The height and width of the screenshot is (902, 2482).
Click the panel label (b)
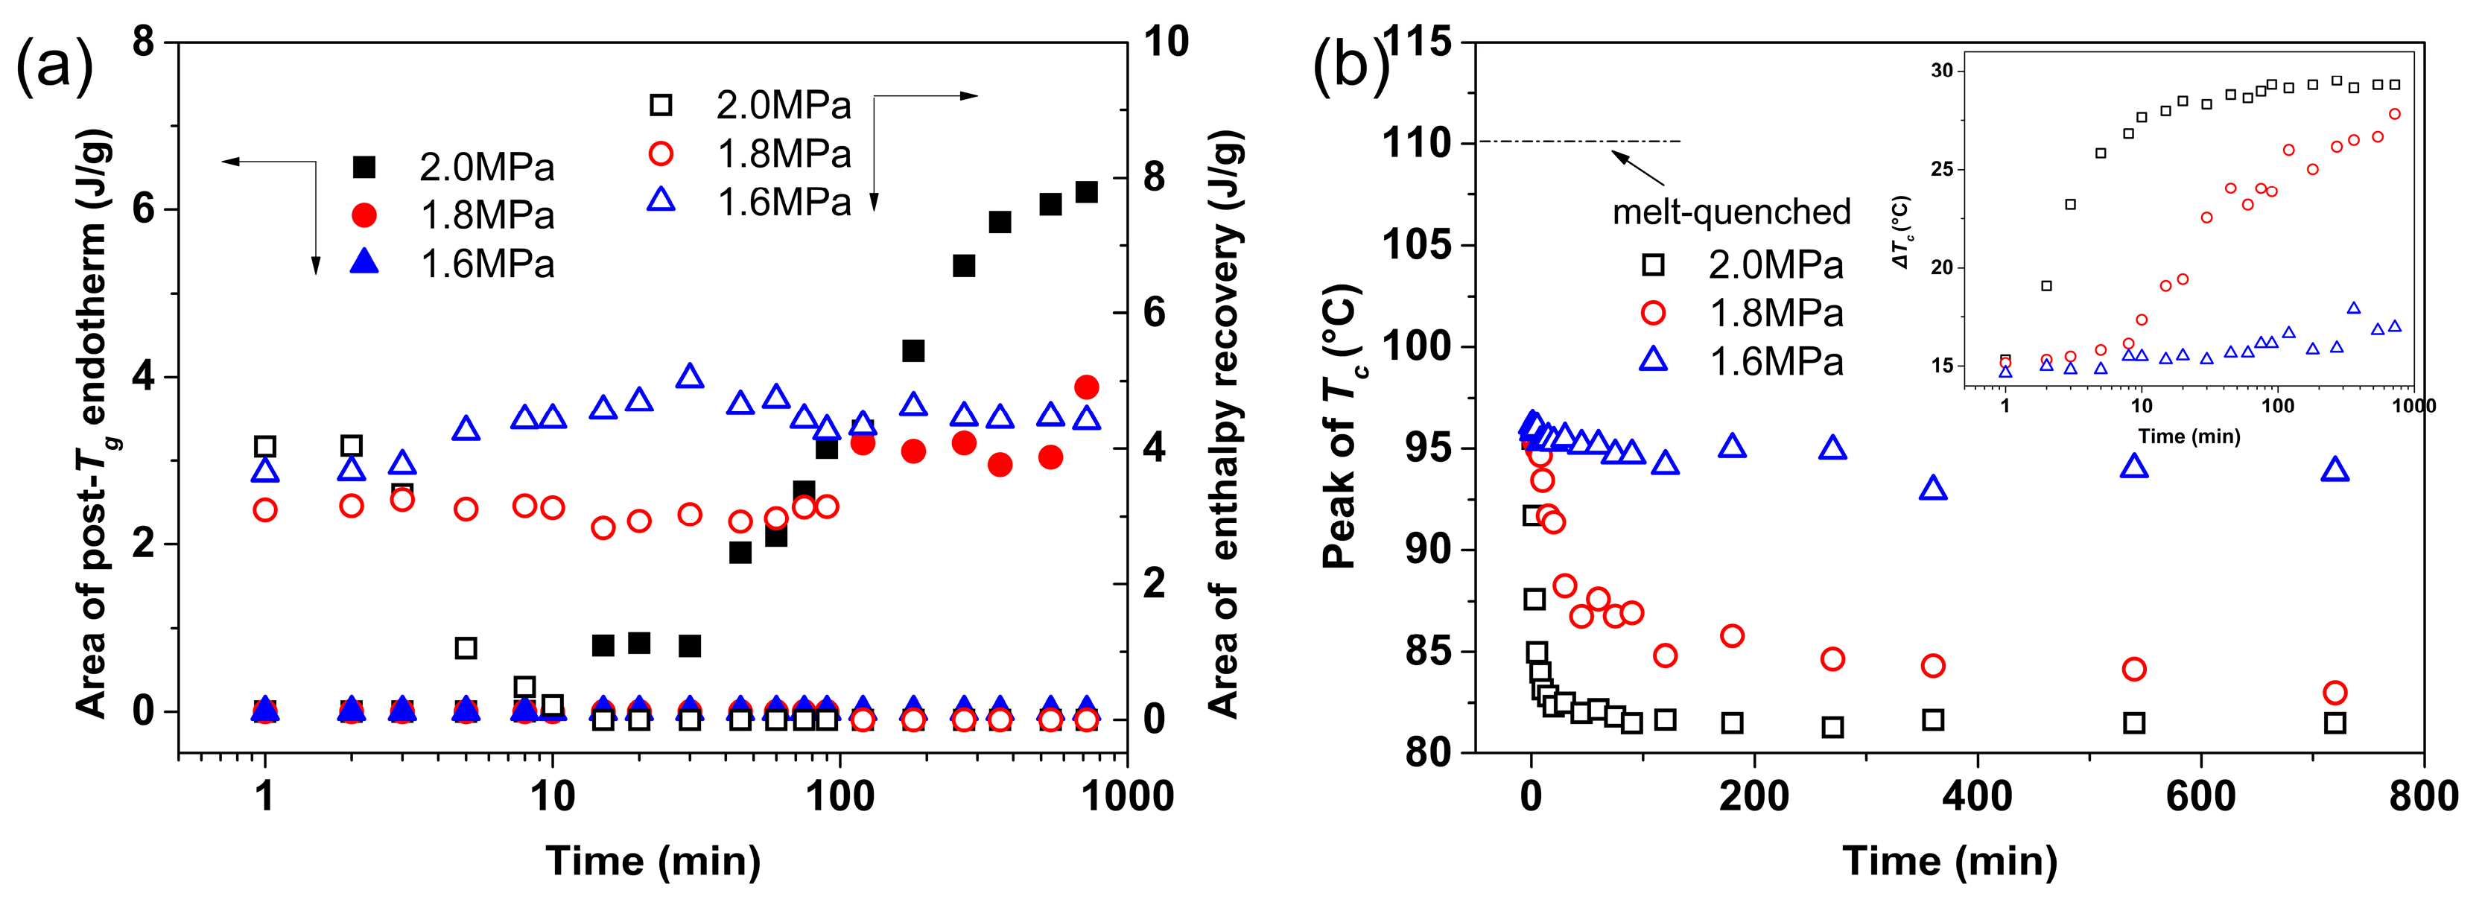tap(1350, 66)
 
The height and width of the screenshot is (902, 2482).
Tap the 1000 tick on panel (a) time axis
tap(1126, 797)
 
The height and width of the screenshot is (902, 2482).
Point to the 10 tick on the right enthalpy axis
tap(1166, 42)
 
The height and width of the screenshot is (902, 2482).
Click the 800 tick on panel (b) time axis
tap(2423, 797)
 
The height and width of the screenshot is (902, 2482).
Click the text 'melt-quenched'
tap(1731, 212)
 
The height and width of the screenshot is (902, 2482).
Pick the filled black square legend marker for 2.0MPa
tap(364, 167)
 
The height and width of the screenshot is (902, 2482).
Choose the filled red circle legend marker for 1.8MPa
tap(364, 215)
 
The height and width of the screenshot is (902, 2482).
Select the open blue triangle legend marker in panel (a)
tap(661, 200)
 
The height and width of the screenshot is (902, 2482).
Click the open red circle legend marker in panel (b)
tap(1654, 312)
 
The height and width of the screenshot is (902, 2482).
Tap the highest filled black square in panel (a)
tap(1086, 191)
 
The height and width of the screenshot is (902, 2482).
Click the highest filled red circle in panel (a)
tap(1086, 387)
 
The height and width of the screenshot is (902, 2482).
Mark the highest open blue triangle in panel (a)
tap(689, 377)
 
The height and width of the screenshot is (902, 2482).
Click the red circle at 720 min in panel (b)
tap(2335, 692)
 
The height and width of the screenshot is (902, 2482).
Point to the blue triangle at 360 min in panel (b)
tap(1933, 489)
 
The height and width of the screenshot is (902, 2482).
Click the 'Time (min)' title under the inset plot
tap(2189, 436)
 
